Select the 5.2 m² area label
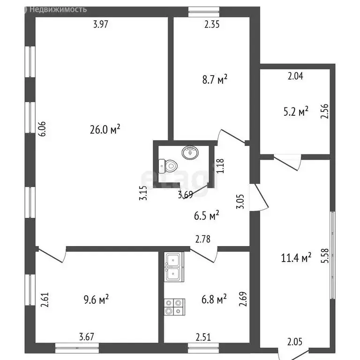click(x=296, y=112)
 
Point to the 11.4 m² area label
click(x=296, y=257)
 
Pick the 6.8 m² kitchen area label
click(x=214, y=299)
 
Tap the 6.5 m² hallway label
click(x=207, y=216)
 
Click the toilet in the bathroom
click(x=169, y=165)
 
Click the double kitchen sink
click(x=174, y=267)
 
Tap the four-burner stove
click(x=174, y=307)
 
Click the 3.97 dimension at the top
click(x=101, y=25)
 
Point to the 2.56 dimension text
click(x=324, y=111)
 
